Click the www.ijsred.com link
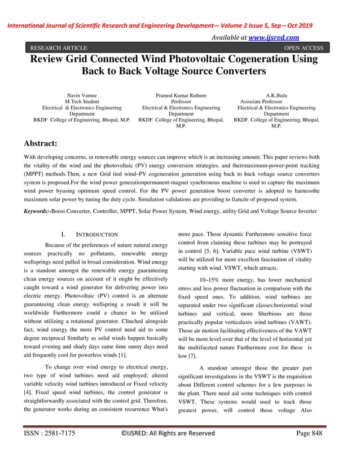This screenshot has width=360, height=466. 273,37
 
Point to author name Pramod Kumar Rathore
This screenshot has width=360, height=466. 181,96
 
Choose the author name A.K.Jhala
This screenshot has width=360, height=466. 276,96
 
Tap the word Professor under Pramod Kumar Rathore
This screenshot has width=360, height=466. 181,102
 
